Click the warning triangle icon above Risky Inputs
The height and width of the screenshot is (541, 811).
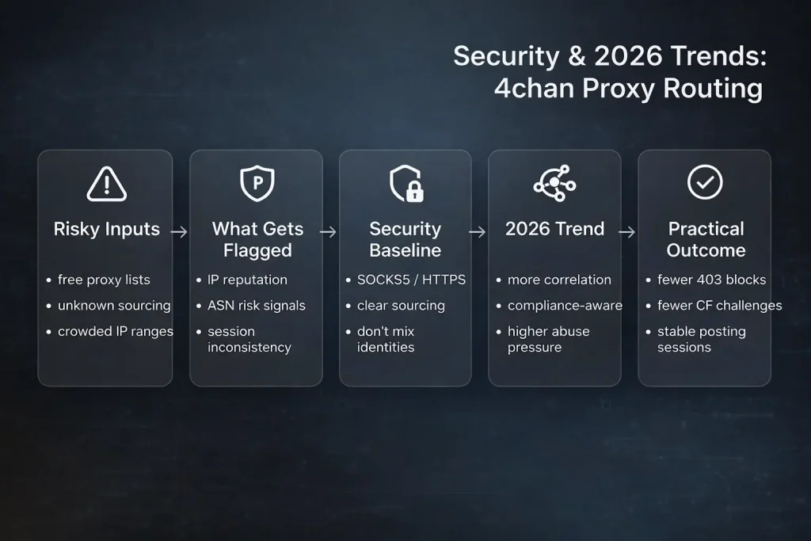click(106, 184)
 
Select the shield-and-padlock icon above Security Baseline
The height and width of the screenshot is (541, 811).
click(405, 184)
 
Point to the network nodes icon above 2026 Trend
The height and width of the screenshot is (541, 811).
click(554, 183)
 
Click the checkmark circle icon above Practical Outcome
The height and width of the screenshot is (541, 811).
click(704, 183)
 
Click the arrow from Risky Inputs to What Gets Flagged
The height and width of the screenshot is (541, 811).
click(179, 232)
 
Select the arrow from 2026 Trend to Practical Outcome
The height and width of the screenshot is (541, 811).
click(626, 232)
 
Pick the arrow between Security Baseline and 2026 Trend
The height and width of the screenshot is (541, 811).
click(477, 232)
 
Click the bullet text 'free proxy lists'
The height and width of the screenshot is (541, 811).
click(104, 280)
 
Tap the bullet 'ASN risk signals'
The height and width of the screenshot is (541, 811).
click(256, 306)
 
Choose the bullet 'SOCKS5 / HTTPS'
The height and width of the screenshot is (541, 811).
click(412, 280)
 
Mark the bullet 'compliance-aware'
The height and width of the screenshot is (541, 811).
click(565, 306)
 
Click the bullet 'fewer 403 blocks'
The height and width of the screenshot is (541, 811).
click(711, 280)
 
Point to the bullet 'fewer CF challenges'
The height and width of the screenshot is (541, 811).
click(719, 306)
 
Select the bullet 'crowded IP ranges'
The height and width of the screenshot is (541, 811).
click(116, 331)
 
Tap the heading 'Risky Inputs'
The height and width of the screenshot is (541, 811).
click(106, 230)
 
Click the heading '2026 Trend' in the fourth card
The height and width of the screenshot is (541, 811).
click(554, 230)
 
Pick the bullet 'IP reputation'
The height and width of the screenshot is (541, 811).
click(247, 280)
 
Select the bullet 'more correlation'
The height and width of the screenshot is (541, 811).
click(559, 280)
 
